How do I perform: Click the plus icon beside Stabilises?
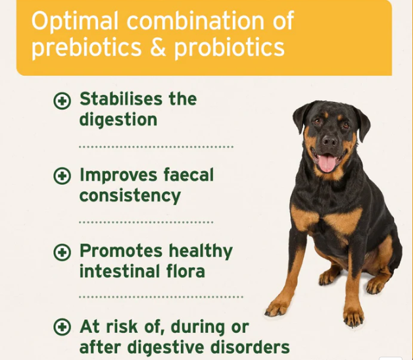(x=62, y=101)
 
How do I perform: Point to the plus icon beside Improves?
(x=62, y=176)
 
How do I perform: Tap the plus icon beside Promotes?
(x=62, y=251)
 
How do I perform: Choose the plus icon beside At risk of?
(x=62, y=327)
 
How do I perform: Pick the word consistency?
(x=130, y=195)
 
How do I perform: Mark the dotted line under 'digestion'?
(x=156, y=147)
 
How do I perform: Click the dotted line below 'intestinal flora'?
(x=160, y=297)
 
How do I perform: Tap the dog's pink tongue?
(x=327, y=163)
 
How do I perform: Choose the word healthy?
(x=201, y=251)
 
